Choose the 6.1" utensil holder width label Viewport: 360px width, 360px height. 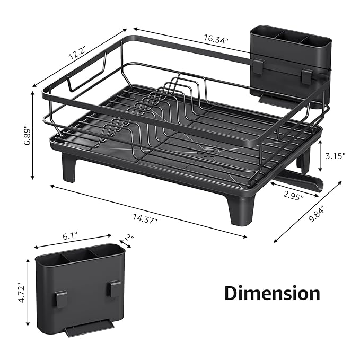75,236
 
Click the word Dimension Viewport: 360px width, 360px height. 271,293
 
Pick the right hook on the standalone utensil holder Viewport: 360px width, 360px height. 114,288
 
